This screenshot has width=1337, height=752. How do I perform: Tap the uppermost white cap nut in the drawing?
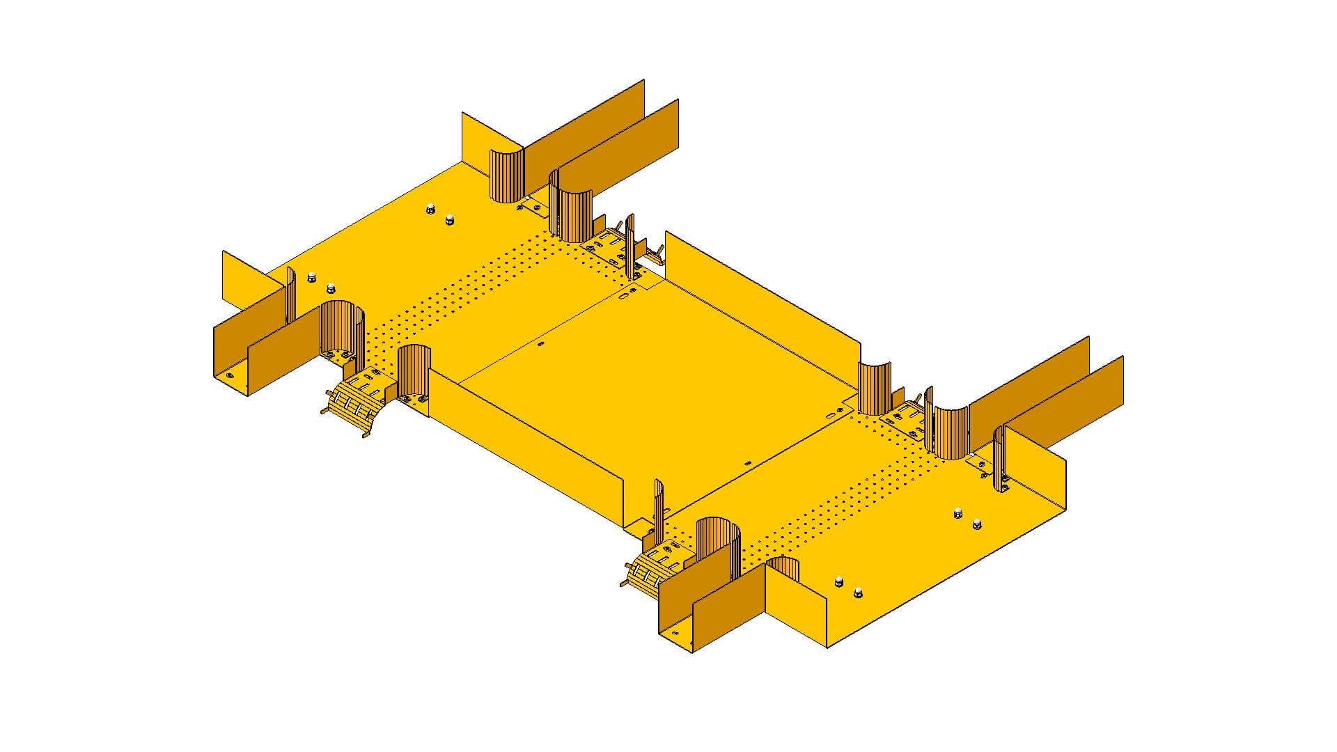430,208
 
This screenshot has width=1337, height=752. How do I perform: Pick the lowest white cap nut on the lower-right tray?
858,593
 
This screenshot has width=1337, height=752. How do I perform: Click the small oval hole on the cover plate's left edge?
541,343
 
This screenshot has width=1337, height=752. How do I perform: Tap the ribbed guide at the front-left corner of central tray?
414,373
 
